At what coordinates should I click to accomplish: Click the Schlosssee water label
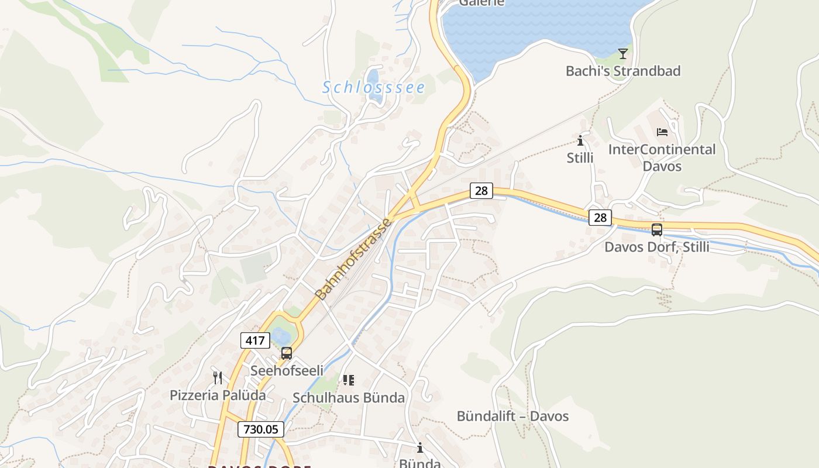(x=373, y=87)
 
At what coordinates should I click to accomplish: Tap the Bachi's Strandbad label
(x=623, y=71)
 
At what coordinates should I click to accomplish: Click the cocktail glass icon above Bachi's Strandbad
(x=623, y=54)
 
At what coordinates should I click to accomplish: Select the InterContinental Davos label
(x=662, y=157)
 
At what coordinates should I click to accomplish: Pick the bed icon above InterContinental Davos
(x=662, y=132)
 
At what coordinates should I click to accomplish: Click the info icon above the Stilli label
(x=580, y=140)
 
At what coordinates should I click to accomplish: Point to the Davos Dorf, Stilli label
(x=656, y=246)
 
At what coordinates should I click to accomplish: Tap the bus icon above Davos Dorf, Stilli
(x=657, y=230)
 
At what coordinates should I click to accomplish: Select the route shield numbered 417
(x=255, y=340)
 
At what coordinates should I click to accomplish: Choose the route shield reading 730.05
(x=261, y=429)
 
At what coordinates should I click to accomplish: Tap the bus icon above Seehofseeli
(x=286, y=353)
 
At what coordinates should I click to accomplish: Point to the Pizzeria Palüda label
(x=218, y=395)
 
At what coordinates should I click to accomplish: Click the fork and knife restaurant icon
(x=218, y=378)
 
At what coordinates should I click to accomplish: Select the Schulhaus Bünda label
(x=349, y=398)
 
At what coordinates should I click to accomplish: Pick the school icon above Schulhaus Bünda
(x=349, y=380)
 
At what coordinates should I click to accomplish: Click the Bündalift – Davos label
(x=512, y=416)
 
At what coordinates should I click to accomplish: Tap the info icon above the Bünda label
(x=420, y=448)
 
